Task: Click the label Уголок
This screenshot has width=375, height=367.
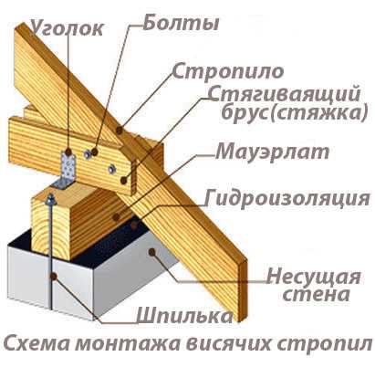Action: point(68,29)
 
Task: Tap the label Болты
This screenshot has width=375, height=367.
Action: point(181,23)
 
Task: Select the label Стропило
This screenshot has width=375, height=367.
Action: point(228,72)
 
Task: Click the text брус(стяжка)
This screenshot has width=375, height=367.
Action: point(295,113)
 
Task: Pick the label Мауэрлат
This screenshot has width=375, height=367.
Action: point(273,152)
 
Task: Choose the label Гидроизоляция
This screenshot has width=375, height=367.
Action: point(287,199)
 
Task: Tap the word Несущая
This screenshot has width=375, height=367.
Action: point(314,278)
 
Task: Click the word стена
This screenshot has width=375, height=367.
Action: point(317,294)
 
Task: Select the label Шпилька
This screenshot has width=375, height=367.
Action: point(184,316)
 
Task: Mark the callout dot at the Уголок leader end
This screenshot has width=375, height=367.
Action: point(68,152)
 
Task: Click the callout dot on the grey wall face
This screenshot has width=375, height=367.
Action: point(152,251)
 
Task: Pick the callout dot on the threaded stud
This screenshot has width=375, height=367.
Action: point(54,277)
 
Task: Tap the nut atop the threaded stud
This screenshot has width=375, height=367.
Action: point(50,199)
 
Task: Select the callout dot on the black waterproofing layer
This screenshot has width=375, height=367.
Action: point(134,225)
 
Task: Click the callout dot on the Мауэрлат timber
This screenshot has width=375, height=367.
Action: point(116,217)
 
